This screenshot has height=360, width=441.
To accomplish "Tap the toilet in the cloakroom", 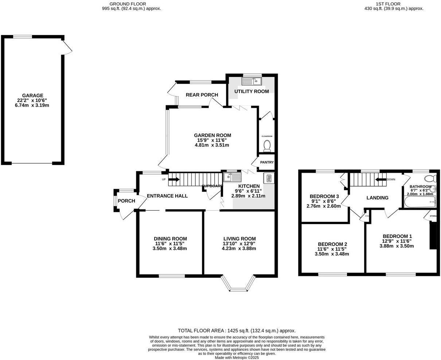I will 267,145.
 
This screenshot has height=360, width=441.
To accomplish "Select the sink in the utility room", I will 253,81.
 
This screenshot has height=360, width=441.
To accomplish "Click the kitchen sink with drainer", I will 232,177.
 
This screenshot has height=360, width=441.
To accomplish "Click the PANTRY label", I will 267,163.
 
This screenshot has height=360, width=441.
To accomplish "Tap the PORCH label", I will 126,201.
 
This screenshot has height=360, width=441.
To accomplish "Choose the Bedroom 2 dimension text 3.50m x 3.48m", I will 332,254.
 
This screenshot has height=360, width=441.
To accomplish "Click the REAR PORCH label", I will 202,95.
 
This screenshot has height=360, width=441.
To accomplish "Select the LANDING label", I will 377,198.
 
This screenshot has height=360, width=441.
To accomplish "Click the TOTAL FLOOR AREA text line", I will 237,331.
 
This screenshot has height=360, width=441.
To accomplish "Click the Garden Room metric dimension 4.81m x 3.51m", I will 212,145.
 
